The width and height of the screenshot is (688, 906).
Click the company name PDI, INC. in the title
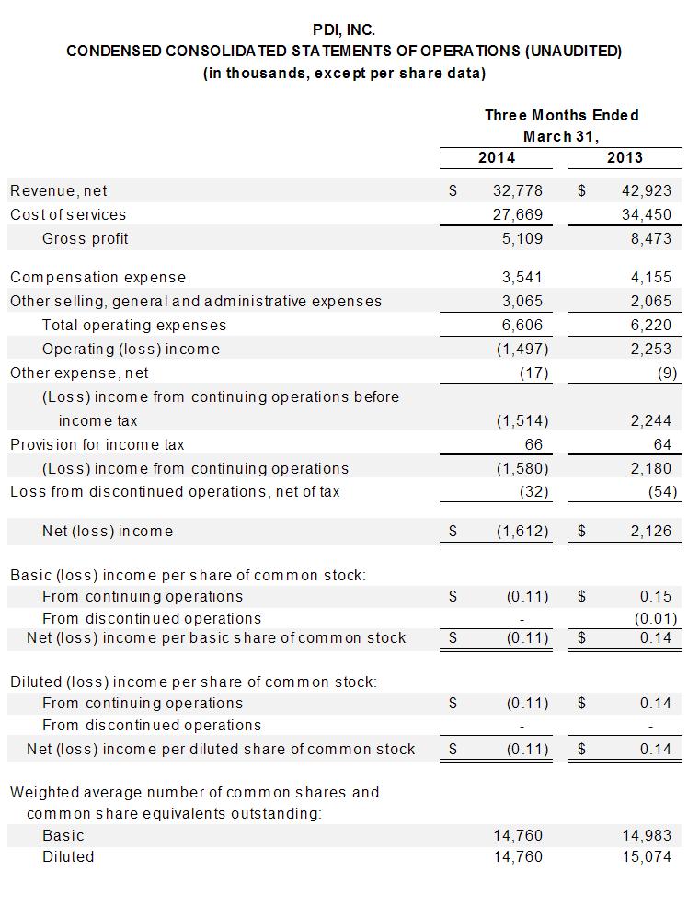344,29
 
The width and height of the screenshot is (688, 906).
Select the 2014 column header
497,157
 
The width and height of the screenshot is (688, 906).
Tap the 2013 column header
625,157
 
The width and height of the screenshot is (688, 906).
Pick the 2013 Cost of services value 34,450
646,214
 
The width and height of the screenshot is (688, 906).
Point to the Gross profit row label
86,238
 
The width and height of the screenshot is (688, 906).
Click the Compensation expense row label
97,277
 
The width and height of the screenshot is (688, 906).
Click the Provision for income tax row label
97,444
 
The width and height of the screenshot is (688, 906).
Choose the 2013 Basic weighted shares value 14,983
646,835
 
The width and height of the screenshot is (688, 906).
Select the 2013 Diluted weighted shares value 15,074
646,856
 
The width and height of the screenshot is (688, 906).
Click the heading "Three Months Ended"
561,115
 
